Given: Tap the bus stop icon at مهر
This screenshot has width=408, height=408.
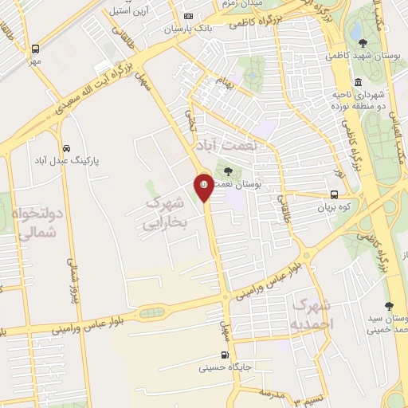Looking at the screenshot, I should pyautogui.click(x=35, y=49).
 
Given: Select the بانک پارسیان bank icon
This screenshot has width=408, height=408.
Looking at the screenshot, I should pyautogui.click(x=188, y=16).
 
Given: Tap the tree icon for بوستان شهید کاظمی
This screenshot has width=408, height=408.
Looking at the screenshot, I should pyautogui.click(x=363, y=43).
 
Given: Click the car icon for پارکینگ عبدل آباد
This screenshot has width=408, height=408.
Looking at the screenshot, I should pyautogui.click(x=66, y=148).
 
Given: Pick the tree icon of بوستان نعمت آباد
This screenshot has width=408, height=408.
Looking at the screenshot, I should pyautogui.click(x=229, y=171).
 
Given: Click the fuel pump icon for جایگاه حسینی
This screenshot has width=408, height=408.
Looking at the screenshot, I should pyautogui.click(x=224, y=355).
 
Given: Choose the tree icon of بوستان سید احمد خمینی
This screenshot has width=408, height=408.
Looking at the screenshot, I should pyautogui.click(x=389, y=305).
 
